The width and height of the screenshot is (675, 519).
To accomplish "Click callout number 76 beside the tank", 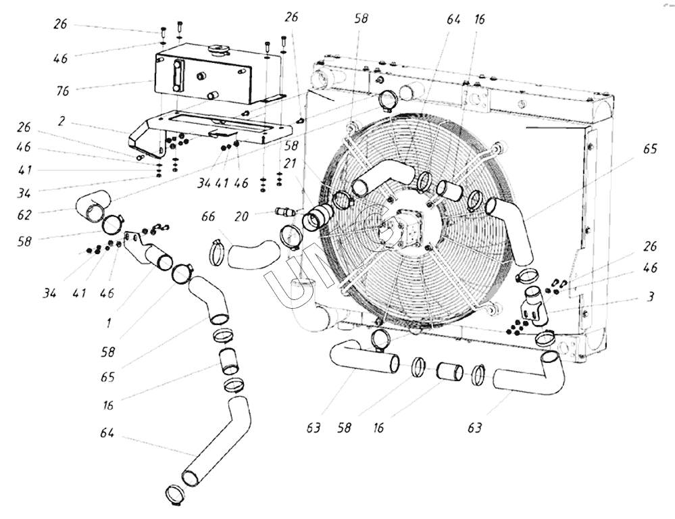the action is click(x=62, y=91).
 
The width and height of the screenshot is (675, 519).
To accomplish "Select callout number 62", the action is click(x=24, y=215).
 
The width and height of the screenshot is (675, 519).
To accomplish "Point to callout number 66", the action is click(x=208, y=216).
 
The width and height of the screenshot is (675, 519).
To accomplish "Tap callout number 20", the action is click(x=242, y=216).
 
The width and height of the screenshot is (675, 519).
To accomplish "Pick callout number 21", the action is click(x=290, y=164).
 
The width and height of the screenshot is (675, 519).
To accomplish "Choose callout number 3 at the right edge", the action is click(x=651, y=297).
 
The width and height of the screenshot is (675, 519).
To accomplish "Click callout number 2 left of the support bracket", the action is click(x=61, y=122).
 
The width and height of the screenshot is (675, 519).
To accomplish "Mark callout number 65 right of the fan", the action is click(x=650, y=149).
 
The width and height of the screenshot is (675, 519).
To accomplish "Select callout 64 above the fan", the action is click(x=453, y=20).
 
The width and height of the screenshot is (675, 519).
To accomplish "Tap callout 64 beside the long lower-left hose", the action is click(x=107, y=432).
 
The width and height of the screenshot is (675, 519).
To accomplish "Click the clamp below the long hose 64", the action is click(x=175, y=495).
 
